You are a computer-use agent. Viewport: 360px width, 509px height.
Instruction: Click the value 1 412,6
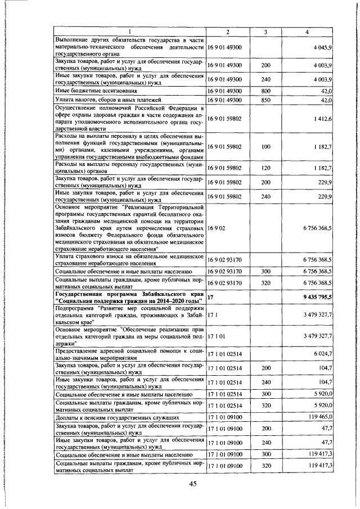325,118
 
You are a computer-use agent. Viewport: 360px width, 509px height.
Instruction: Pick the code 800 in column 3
265,90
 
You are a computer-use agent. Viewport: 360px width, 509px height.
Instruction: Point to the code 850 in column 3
265,100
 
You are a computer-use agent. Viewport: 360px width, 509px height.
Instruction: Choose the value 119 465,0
321,418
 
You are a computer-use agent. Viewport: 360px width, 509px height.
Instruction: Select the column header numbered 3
265,31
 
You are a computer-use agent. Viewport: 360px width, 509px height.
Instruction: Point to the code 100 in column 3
265,147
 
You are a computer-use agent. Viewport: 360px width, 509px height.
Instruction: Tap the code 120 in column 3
265,168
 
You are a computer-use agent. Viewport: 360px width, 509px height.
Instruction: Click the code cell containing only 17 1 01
217,336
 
